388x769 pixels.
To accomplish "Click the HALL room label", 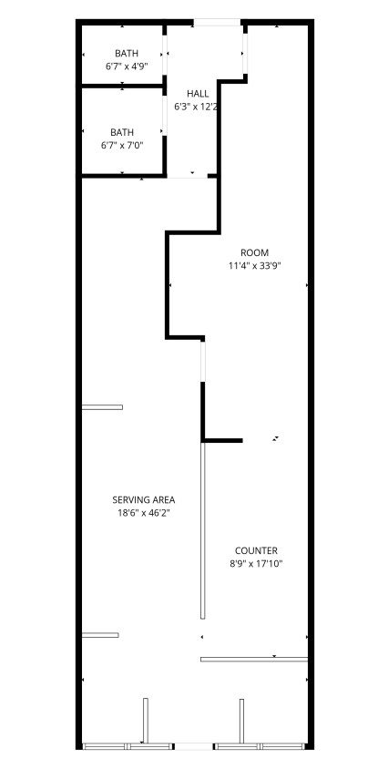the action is point(198,94).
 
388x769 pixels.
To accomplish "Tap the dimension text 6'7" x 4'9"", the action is point(127,66).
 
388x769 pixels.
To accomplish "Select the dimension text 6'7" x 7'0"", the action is point(122,145).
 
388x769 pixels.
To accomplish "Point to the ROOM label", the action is point(255,253).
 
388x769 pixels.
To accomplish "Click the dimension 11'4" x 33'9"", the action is point(255,266).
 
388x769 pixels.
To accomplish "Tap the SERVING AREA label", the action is point(144,500).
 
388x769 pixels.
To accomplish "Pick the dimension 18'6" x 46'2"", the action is point(144,513).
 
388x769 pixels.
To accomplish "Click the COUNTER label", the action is point(256,550).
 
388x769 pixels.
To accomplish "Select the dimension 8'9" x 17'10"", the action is point(256,564).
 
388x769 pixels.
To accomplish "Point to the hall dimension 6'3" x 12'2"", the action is point(196,107).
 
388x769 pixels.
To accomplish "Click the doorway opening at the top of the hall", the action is point(218,22).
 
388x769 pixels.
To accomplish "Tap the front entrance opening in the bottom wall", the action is point(194,746).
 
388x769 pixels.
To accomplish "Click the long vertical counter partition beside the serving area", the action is point(202,530).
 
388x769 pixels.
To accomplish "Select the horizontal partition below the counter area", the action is point(254,659).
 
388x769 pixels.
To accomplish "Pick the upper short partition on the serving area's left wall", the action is point(102,407).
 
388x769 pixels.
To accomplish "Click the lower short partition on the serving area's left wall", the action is point(100,635).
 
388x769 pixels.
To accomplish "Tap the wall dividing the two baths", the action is point(122,86).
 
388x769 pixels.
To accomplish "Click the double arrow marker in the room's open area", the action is point(277,438).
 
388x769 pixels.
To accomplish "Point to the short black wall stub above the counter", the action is point(222,440).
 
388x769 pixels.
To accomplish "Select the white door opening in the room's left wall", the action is point(202,362).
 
